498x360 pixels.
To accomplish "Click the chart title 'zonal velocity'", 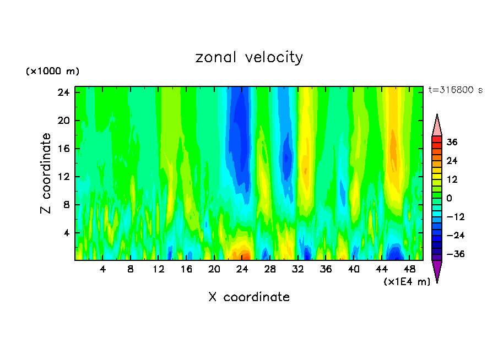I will point(249,57).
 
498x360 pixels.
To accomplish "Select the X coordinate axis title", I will point(249,297).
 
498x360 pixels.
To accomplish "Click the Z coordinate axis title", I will point(46,173).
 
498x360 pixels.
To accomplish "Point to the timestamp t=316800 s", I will point(455,90).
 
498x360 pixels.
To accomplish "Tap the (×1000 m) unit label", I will point(52,72).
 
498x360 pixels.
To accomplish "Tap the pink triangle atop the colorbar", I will point(437,125).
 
